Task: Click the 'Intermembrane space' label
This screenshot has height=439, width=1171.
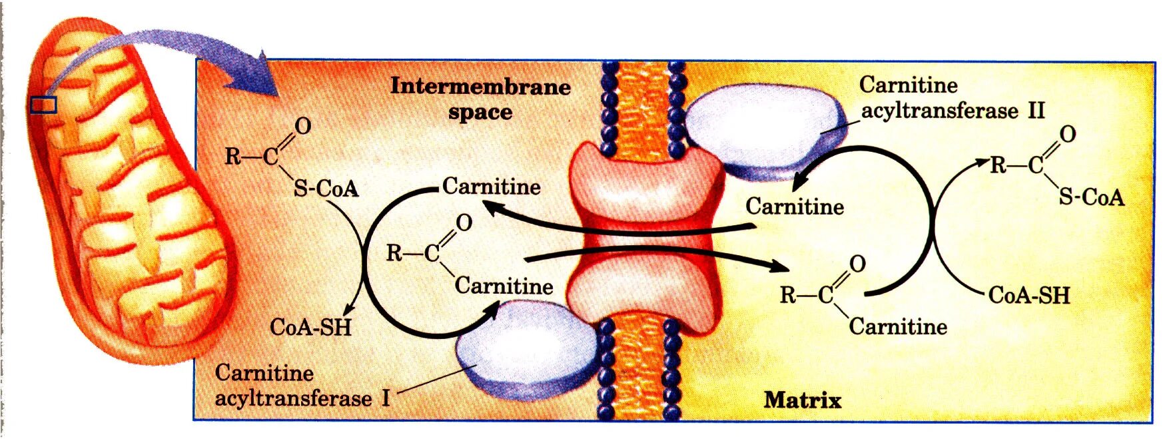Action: pos(480,99)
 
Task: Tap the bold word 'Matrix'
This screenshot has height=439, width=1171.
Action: pos(802,400)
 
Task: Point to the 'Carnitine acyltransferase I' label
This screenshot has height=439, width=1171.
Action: pos(302,385)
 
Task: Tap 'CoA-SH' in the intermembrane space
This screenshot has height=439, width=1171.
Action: pos(310,327)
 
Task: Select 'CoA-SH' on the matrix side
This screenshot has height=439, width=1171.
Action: pos(1029,294)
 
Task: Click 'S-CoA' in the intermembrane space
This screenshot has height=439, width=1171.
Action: pos(326,189)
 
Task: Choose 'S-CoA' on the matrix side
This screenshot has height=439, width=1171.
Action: pos(1091,197)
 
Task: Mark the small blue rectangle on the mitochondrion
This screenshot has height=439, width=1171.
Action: pos(43,105)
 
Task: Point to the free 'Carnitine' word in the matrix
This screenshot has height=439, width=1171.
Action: pos(794,207)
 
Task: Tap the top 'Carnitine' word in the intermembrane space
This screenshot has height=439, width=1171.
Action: pos(491,186)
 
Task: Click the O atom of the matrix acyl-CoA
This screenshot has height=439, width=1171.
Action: pos(1067,135)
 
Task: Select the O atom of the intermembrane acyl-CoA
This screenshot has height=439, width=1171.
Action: pos(302,126)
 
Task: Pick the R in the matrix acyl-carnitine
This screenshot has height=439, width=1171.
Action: pos(787,294)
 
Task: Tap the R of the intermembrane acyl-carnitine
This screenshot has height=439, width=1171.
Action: pos(394,253)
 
